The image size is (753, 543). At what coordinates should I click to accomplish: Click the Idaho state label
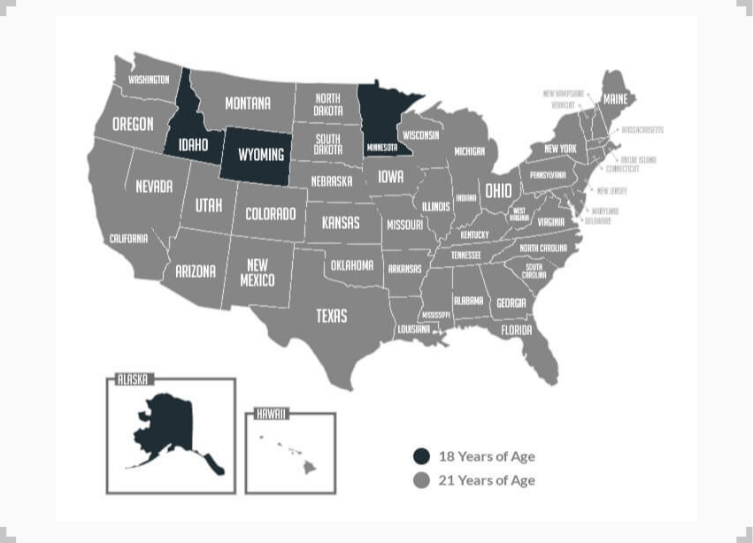tap(193, 145)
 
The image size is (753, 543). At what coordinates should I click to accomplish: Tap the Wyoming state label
tap(261, 155)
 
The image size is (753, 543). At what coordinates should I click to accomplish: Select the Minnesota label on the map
tap(382, 147)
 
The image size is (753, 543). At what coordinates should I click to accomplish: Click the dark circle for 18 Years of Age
tap(422, 456)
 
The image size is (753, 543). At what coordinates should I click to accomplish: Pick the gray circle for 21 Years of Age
tap(422, 480)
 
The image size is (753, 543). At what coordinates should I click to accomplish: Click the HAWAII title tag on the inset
tap(271, 413)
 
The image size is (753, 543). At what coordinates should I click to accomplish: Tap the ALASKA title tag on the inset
tap(133, 379)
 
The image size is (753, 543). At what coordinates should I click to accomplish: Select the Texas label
tap(332, 316)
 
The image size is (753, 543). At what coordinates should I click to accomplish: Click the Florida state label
tap(517, 330)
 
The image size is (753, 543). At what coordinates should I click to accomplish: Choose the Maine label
tap(615, 100)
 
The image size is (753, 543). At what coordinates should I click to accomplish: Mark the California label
tap(128, 239)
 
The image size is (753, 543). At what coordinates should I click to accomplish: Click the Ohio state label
tap(497, 191)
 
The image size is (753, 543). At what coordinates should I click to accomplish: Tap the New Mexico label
tap(257, 272)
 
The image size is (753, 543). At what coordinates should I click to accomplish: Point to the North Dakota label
tap(327, 104)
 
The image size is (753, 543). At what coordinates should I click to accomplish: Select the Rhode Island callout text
tap(638, 160)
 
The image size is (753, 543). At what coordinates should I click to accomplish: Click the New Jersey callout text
tap(611, 191)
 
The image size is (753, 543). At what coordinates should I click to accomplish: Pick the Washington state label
tap(149, 80)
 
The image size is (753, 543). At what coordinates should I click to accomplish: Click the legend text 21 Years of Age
tap(487, 480)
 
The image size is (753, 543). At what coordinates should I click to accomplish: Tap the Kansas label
tap(341, 222)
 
